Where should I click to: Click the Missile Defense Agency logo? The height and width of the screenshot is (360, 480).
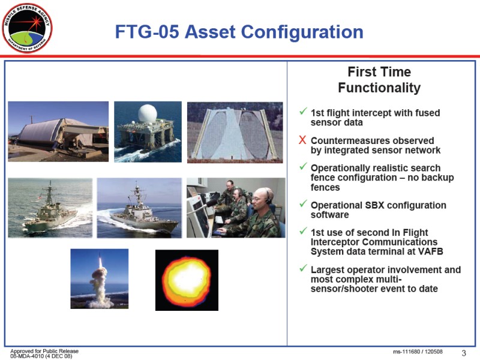click(x=27, y=28)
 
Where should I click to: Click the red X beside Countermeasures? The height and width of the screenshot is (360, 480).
click(x=302, y=140)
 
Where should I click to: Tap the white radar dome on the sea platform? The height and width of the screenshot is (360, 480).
click(x=148, y=113)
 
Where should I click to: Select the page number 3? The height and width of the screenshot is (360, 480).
click(x=464, y=353)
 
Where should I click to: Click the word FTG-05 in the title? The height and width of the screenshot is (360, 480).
click(x=147, y=32)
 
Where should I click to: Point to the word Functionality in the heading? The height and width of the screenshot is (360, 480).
click(x=379, y=88)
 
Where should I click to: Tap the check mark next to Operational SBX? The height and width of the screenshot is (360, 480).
click(x=303, y=203)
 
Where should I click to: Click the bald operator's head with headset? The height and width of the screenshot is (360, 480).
click(x=263, y=199)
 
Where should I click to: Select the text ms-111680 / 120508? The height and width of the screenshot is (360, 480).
click(x=418, y=352)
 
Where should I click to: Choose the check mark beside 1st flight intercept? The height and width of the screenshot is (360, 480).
click(x=303, y=111)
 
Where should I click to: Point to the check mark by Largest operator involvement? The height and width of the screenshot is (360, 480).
click(x=303, y=268)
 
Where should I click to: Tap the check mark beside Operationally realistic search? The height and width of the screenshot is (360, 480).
click(x=303, y=166)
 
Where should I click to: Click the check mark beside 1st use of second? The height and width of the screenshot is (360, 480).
click(x=303, y=230)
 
